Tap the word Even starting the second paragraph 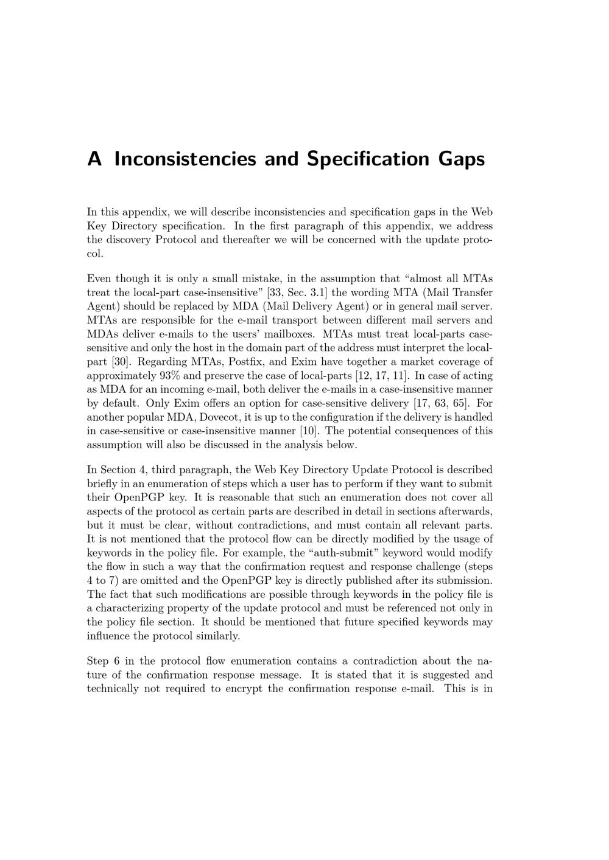(x=99, y=279)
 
